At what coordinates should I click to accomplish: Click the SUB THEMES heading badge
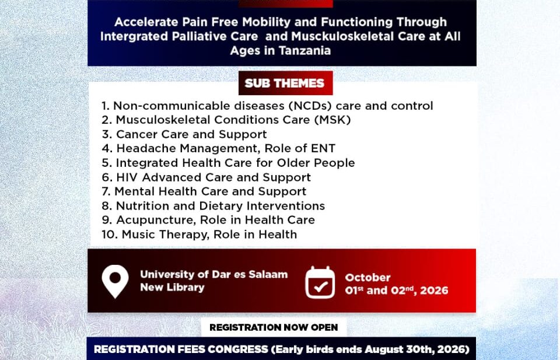[285, 83]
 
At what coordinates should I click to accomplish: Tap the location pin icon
[115, 281]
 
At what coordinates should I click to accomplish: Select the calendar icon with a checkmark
[320, 282]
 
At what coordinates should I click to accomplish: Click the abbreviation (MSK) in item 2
[332, 120]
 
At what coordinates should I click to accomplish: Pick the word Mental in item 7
[135, 191]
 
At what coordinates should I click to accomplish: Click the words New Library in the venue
[172, 287]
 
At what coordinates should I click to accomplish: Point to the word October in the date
[368, 278]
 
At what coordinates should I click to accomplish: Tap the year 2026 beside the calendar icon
[434, 291]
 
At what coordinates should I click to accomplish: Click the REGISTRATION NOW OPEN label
[274, 327]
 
